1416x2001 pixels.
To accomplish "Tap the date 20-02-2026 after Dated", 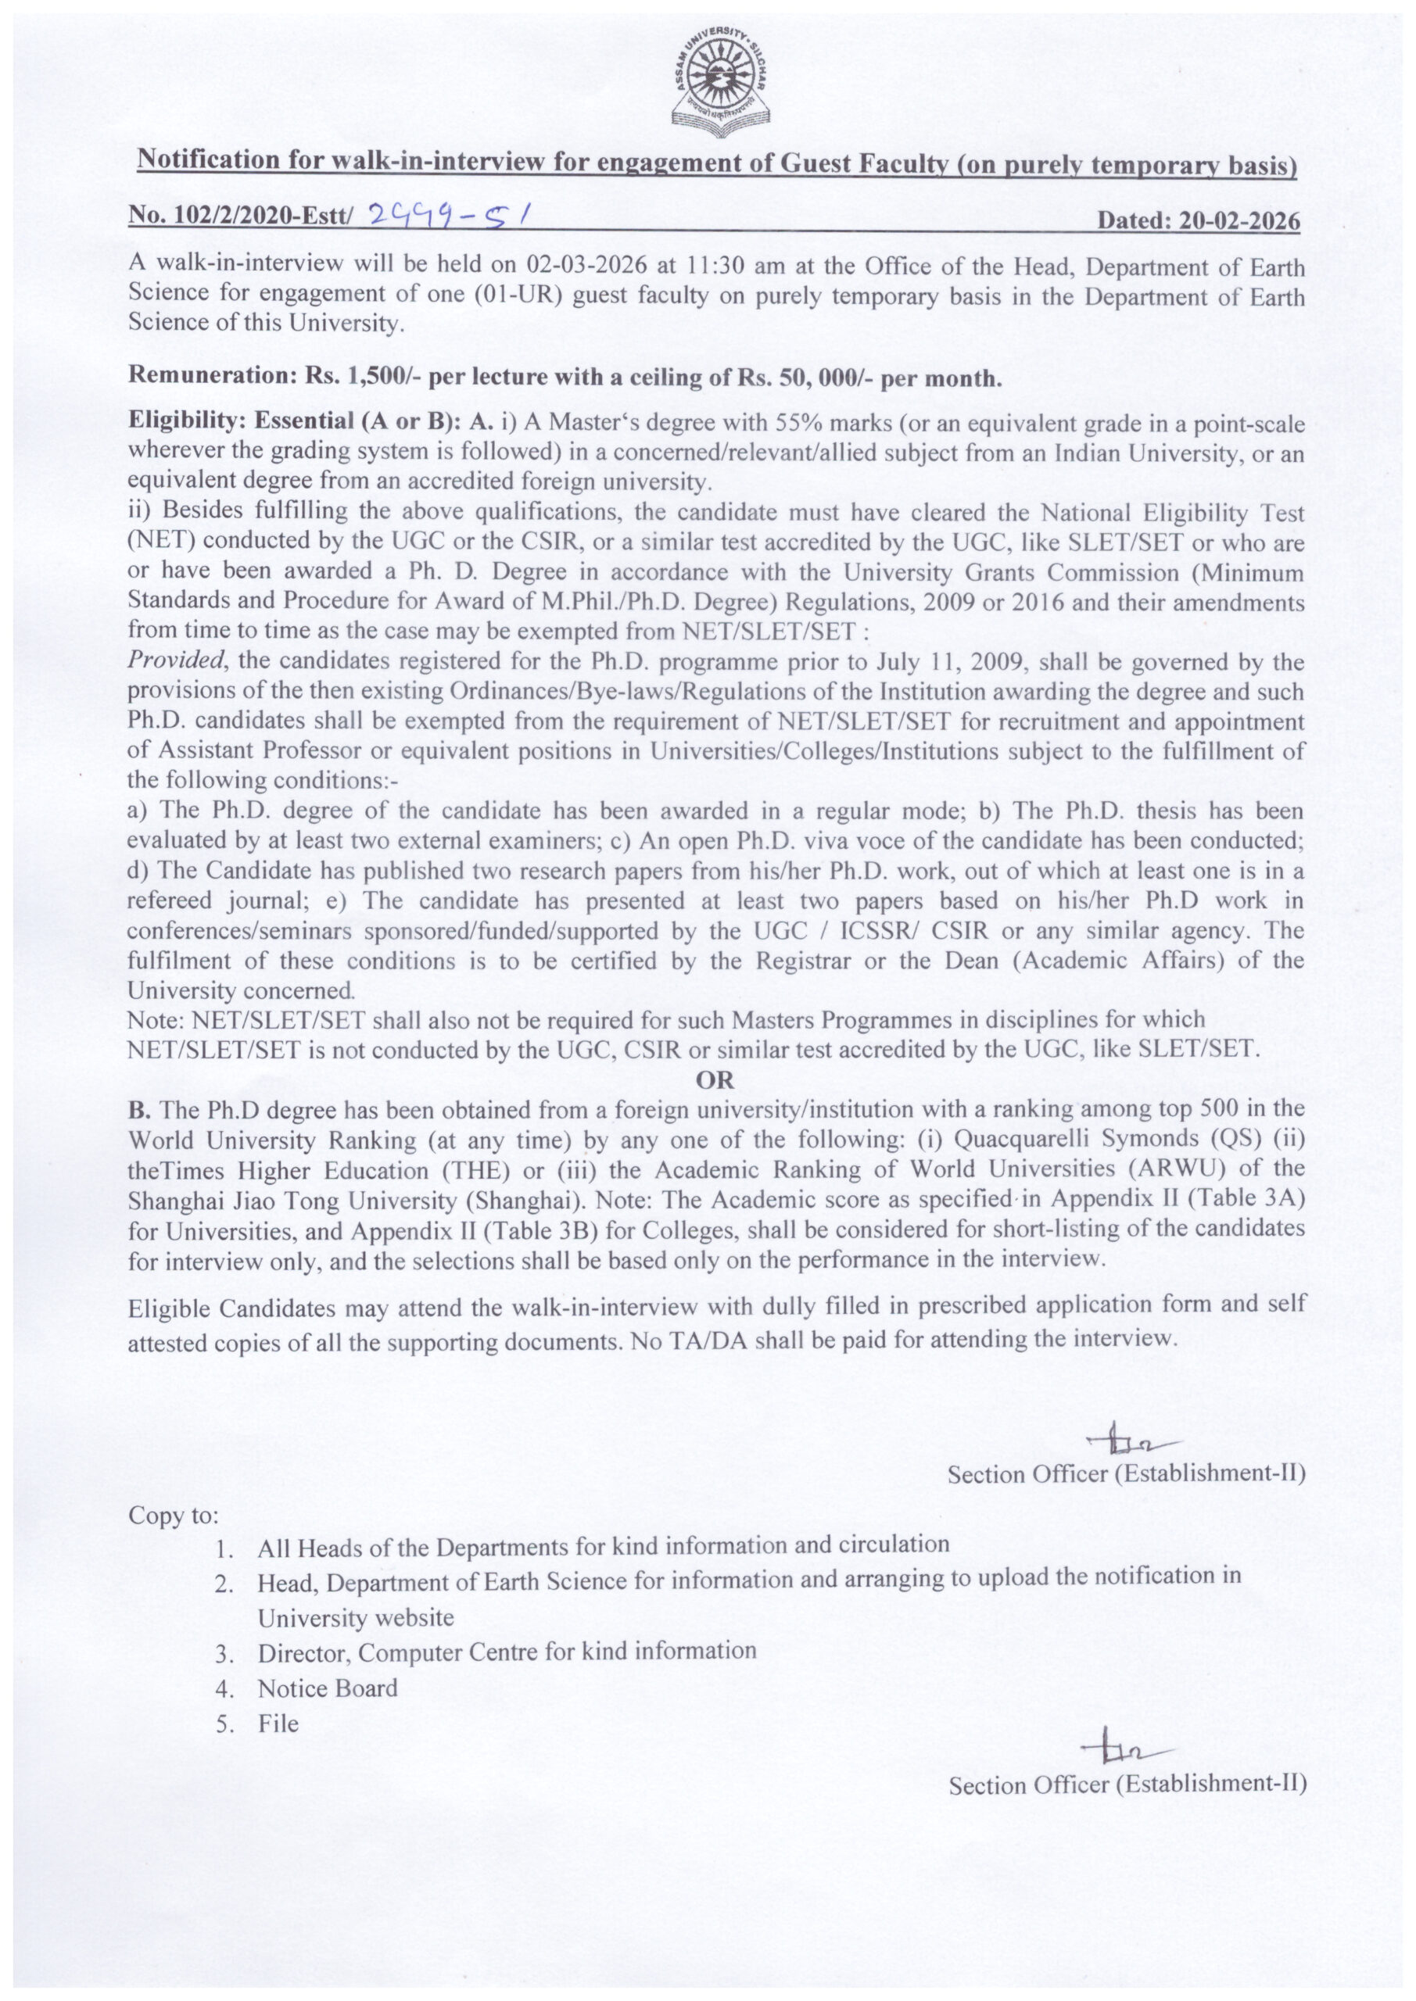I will (x=1239, y=221).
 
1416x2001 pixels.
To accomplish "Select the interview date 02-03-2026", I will (x=579, y=266).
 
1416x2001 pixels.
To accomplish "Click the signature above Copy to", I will (x=1130, y=1444).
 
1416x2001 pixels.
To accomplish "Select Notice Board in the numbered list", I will (x=327, y=1688).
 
